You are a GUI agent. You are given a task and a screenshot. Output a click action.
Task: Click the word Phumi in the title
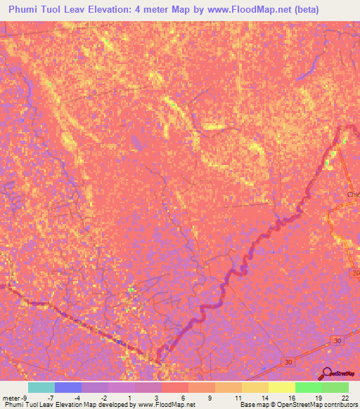coord(25,10)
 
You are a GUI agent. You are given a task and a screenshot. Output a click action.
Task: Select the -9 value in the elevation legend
coord(25,397)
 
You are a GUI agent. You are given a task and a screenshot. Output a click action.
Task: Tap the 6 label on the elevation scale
coord(183,397)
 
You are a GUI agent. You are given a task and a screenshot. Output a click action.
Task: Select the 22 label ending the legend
coord(344,397)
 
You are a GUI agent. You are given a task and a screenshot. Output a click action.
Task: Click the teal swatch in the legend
coord(41,387)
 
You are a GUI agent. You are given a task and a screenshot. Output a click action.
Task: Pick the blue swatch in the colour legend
coord(68,387)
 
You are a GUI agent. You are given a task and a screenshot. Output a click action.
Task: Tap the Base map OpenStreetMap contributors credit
coord(297,405)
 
